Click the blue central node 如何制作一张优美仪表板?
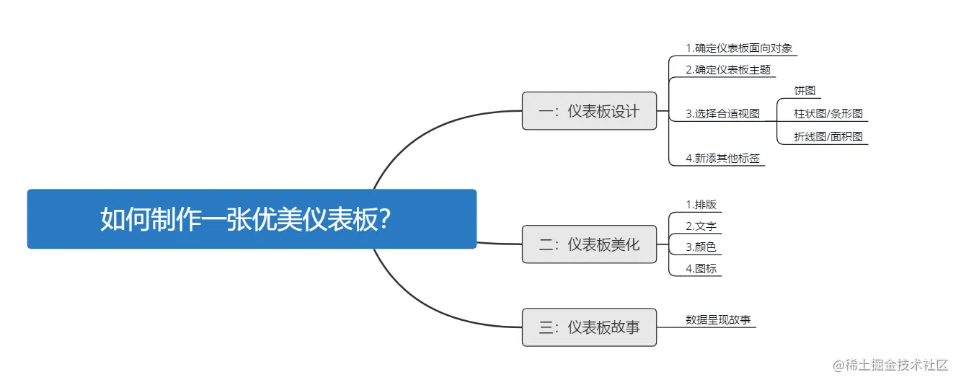coord(252,218)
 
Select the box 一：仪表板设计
coord(589,111)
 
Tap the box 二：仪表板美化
coord(589,244)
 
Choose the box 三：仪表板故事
coord(589,327)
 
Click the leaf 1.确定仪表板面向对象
coord(739,48)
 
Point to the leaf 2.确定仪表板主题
coord(728,70)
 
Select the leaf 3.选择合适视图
coord(722,113)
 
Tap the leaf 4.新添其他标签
coord(722,158)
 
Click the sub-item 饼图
coord(805,91)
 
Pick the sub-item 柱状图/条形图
coord(828,113)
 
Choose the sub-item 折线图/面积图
coord(828,136)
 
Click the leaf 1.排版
coord(701,204)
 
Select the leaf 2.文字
coord(701,226)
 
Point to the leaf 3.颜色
coord(701,247)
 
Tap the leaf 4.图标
coord(701,269)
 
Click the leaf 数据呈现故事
coord(717,319)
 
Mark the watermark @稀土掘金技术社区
coord(890,366)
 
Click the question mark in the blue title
coord(385,219)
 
